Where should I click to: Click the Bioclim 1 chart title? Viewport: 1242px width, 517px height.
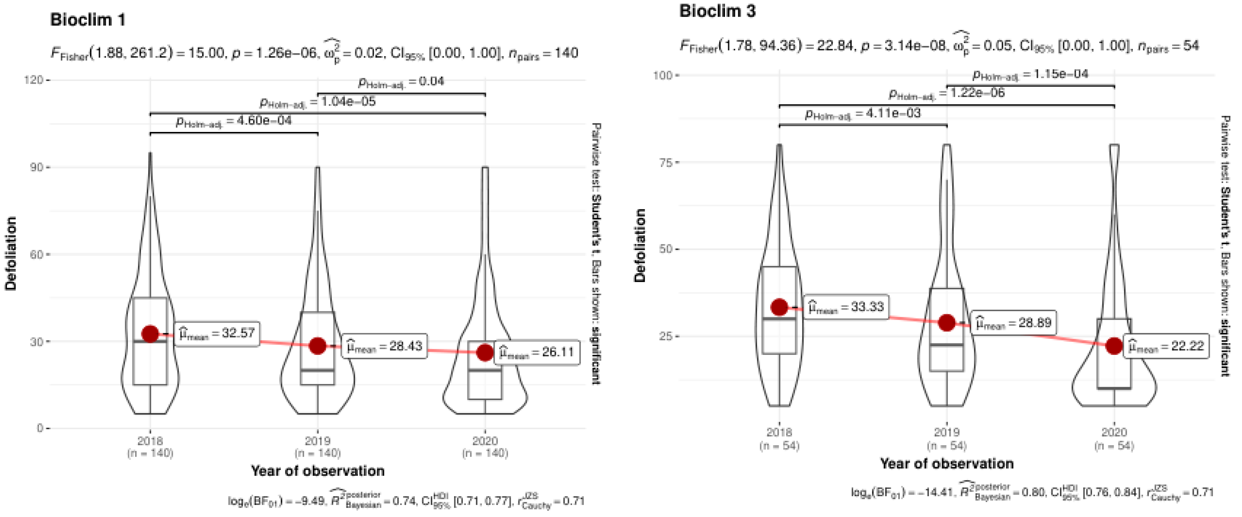88,20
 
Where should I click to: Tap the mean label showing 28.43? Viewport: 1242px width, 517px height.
384,346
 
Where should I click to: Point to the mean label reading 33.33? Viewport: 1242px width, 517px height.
846,307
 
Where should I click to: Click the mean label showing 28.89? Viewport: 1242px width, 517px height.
1013,323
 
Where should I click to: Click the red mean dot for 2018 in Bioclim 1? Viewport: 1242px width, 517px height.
150,334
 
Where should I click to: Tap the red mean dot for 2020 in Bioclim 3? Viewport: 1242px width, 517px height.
1114,346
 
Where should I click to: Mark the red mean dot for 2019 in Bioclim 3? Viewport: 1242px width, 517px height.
947,323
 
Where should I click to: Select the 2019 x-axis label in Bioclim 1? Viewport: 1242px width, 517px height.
318,441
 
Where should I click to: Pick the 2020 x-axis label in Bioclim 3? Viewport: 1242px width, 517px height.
1114,432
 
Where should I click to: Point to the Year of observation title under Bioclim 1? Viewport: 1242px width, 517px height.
318,471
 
